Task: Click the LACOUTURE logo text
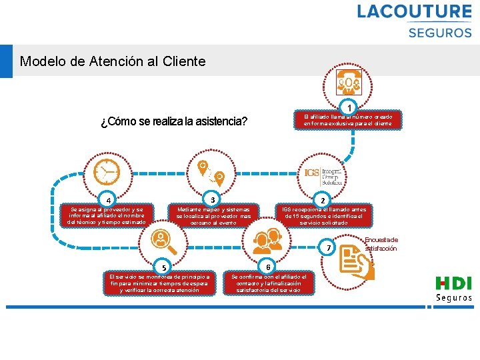point(414,11)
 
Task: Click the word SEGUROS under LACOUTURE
point(439,32)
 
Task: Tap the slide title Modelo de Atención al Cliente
point(113,62)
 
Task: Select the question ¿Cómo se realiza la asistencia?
point(174,122)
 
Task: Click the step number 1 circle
point(349,107)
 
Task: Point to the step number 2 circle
point(323,201)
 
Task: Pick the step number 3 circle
point(212,199)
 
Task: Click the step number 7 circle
point(328,249)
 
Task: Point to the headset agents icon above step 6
point(267,238)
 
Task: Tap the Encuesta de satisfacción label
point(381,244)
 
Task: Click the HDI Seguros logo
point(453,289)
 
